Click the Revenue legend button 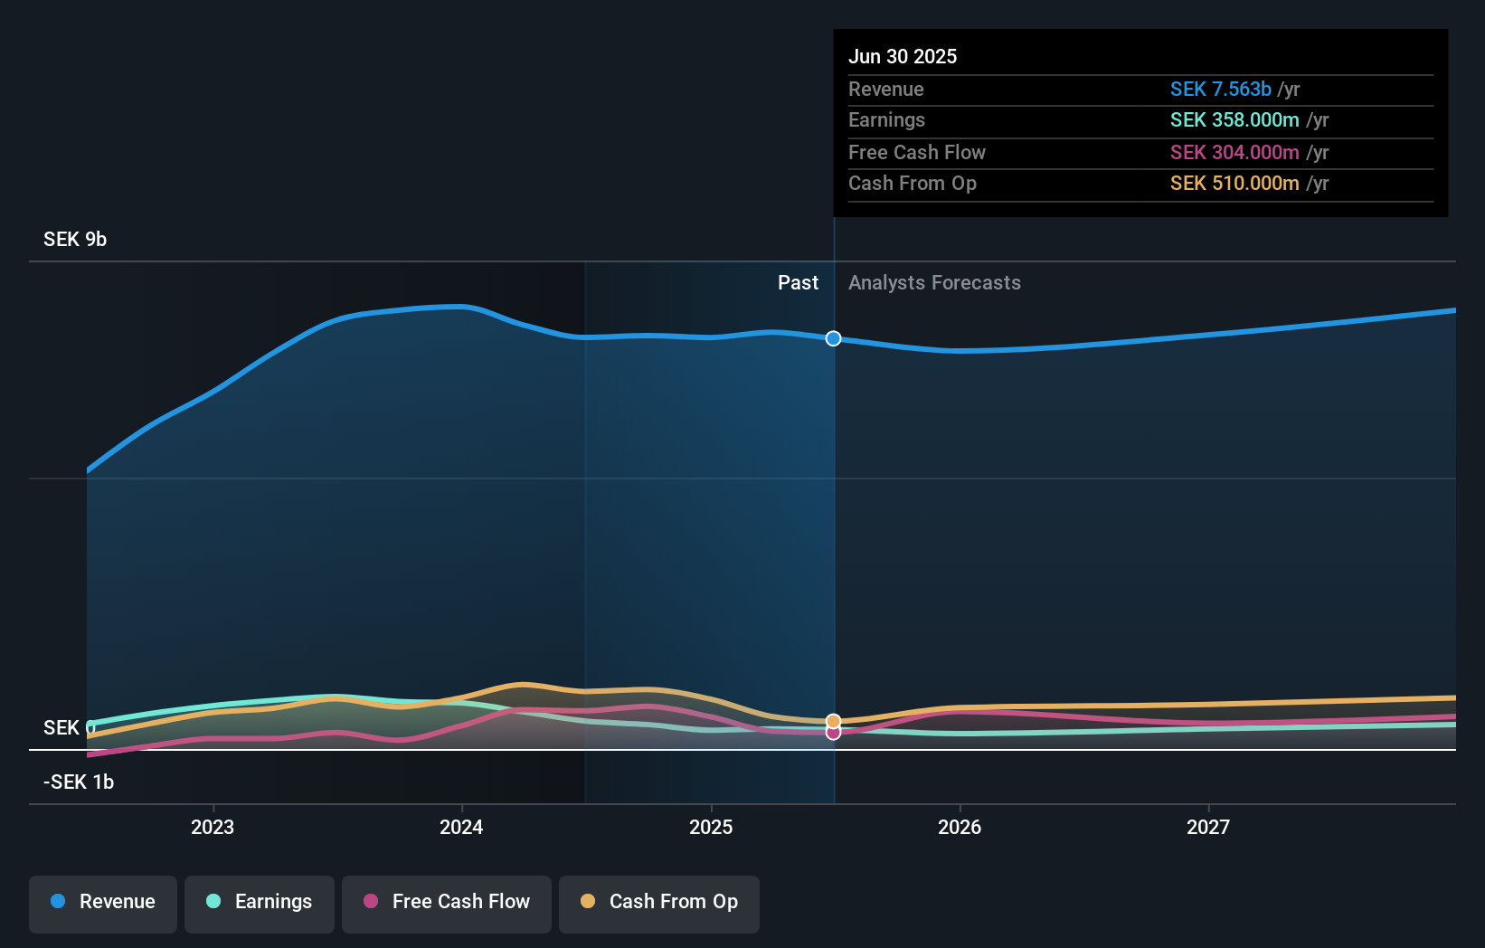click(103, 902)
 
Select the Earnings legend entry click(260, 902)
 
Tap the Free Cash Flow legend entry click(447, 902)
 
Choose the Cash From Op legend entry click(659, 902)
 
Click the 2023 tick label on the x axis click(213, 827)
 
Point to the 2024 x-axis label click(461, 827)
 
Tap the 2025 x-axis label click(711, 827)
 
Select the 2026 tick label click(960, 827)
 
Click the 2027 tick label click(1208, 827)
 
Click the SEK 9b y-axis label click(75, 239)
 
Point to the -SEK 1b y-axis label click(79, 782)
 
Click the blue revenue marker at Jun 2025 click(833, 338)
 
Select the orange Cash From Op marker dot click(833, 721)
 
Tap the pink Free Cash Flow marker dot click(833, 733)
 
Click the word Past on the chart click(798, 282)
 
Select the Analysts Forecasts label click(934, 282)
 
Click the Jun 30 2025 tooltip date click(902, 56)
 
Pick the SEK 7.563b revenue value click(1220, 89)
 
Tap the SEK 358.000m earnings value click(1234, 119)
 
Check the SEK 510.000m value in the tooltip click(1234, 183)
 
